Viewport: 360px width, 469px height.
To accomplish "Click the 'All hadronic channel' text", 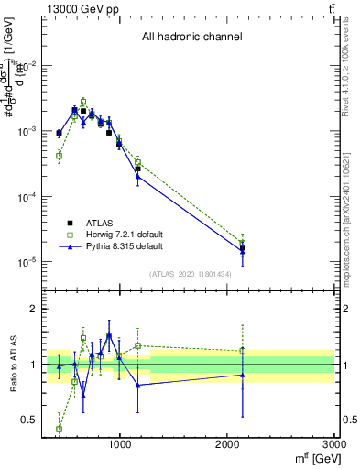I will (191, 38).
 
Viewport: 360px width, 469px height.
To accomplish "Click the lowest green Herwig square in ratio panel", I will (60, 429).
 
